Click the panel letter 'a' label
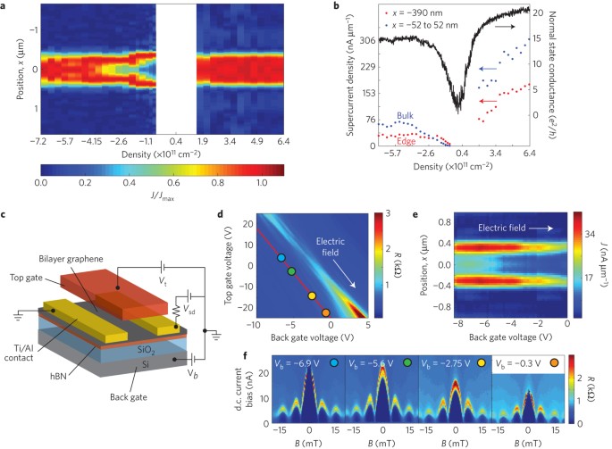click(x=5, y=7)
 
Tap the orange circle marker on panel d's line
click(x=324, y=312)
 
